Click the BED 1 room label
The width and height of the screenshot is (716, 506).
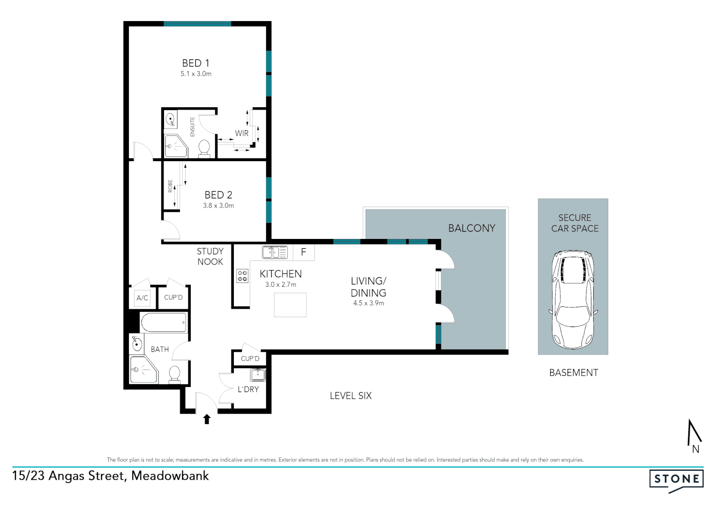tap(195, 63)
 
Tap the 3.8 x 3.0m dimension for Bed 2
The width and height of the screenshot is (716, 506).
tap(218, 206)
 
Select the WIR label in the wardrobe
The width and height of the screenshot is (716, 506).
tap(242, 134)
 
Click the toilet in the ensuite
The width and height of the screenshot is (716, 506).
tap(204, 147)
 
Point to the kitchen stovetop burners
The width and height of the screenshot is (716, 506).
tap(242, 276)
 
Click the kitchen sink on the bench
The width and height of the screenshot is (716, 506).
tap(275, 252)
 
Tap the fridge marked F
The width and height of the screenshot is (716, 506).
tap(304, 252)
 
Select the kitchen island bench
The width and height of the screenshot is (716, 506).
tap(291, 305)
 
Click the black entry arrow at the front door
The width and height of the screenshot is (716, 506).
tap(207, 419)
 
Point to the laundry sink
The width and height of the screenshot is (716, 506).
tap(258, 374)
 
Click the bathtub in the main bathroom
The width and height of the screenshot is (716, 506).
tap(164, 322)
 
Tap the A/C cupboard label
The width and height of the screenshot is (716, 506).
tap(142, 298)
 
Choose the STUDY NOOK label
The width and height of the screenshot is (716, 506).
tap(210, 257)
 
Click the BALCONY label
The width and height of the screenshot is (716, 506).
tap(471, 228)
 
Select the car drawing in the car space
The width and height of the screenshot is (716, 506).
tap(573, 300)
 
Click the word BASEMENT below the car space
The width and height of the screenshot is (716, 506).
tap(574, 373)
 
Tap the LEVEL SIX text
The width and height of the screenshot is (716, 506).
tap(351, 396)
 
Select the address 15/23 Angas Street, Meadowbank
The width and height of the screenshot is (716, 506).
tap(111, 476)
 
